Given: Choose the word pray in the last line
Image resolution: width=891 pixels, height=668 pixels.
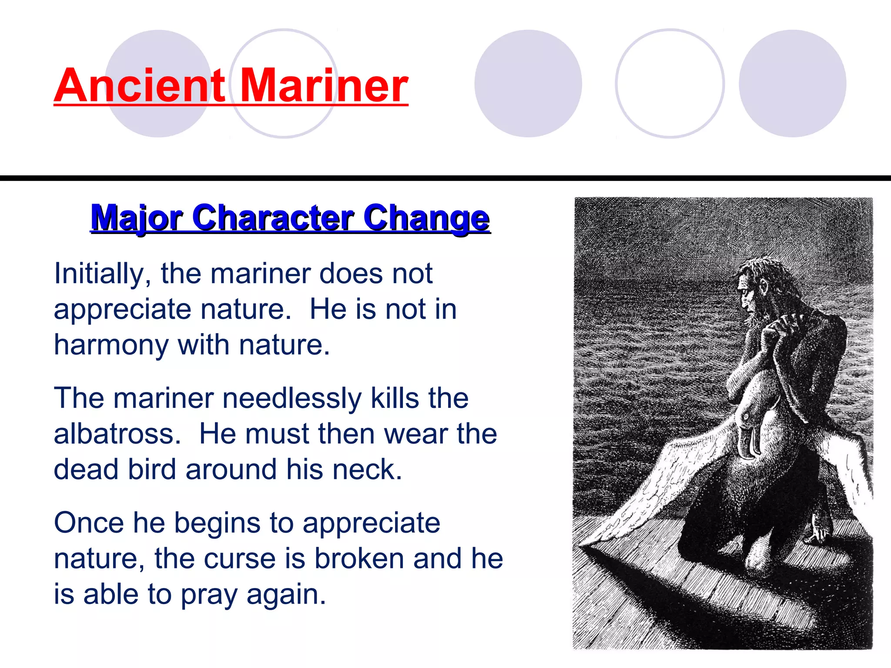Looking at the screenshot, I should pyautogui.click(x=209, y=595).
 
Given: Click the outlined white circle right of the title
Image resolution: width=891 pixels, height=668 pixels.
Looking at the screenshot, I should pyautogui.click(x=670, y=83).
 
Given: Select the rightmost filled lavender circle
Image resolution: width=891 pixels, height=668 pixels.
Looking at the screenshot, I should pyautogui.click(x=793, y=83).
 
